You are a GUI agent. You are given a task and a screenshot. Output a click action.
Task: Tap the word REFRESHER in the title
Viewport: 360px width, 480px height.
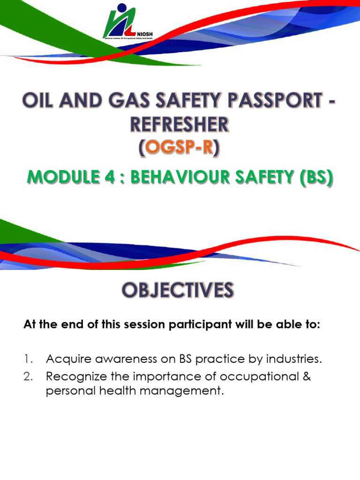180,125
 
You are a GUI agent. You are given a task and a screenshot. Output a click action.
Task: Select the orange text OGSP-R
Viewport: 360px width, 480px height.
180,149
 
